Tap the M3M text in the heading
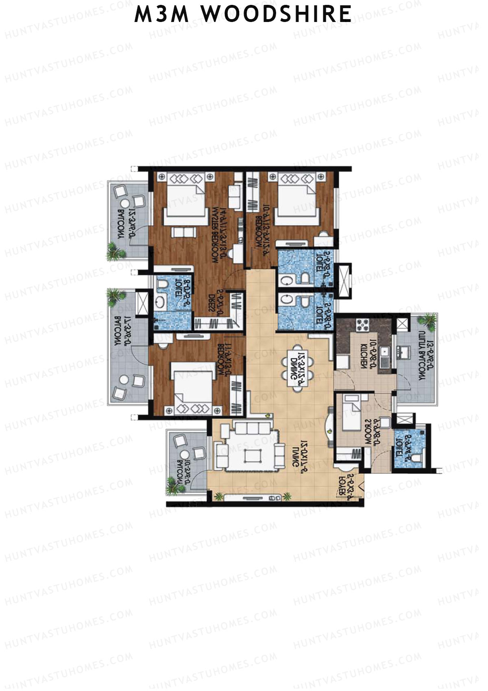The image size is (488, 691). (x=162, y=14)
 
